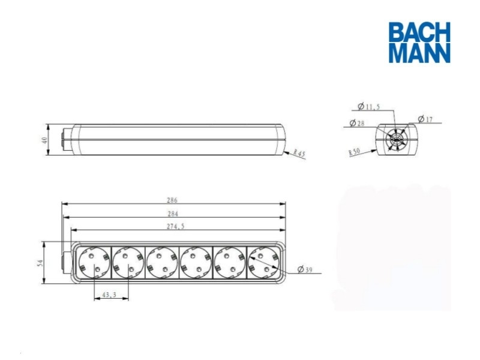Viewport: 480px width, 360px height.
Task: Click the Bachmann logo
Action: pyautogui.click(x=419, y=42)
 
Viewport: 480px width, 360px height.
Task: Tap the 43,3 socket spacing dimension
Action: pyautogui.click(x=109, y=295)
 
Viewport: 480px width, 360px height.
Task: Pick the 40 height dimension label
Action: pyautogui.click(x=44, y=140)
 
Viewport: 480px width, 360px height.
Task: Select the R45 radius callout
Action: pyautogui.click(x=299, y=154)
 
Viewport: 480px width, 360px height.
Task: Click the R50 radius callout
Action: pyautogui.click(x=353, y=152)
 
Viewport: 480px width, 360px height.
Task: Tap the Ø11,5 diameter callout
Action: pyautogui.click(x=368, y=107)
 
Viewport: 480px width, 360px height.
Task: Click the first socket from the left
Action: pyautogui.click(x=92, y=263)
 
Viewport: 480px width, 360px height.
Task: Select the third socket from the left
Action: pyautogui.click(x=161, y=263)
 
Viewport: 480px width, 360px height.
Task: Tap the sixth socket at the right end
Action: pyautogui.click(x=264, y=263)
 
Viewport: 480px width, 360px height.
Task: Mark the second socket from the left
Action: pyautogui.click(x=126, y=263)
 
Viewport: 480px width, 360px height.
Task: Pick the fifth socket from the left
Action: pyautogui.click(x=230, y=263)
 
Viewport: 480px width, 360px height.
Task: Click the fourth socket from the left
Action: pyautogui.click(x=195, y=263)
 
